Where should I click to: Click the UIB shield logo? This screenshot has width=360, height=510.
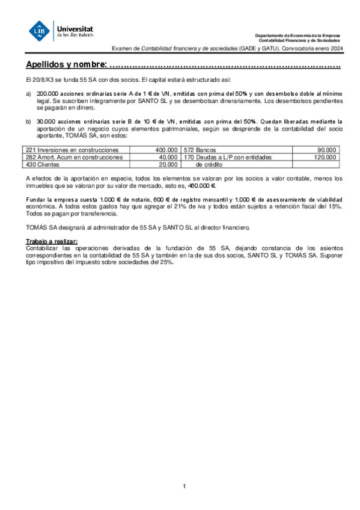[40, 31]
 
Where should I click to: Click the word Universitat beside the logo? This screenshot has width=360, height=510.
[74, 28]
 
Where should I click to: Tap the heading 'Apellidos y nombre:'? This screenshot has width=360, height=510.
[66, 64]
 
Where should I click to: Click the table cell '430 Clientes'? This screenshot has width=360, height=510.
[42, 164]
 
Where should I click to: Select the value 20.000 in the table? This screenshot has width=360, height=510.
[168, 164]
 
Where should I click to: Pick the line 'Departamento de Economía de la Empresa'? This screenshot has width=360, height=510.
[297, 36]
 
